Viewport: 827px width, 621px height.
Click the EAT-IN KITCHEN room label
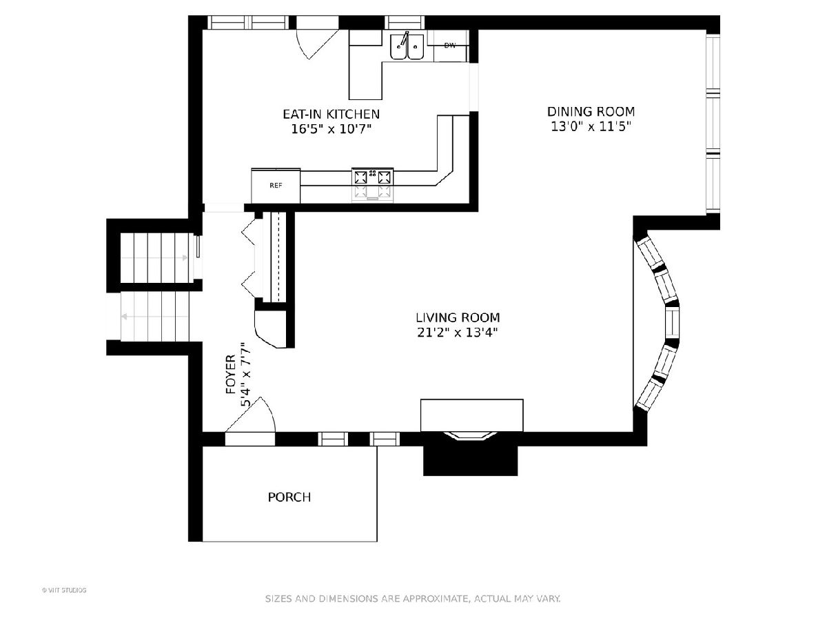pos(331,114)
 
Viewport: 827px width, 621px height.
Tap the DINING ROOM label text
pos(591,112)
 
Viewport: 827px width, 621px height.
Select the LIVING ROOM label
pos(458,317)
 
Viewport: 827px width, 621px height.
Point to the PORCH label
pos(289,497)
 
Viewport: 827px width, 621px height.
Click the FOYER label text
pos(231,374)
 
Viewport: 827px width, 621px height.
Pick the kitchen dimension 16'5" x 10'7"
pos(331,129)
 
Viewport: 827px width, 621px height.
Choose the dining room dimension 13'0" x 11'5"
pos(591,126)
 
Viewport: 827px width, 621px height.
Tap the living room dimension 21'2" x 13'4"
pos(458,333)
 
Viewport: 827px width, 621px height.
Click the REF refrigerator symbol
pos(276,186)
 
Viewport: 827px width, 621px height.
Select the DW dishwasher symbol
pos(450,46)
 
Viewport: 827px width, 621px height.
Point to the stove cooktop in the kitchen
pos(373,184)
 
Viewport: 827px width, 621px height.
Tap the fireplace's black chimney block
pos(471,461)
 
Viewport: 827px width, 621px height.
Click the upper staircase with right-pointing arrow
pos(154,258)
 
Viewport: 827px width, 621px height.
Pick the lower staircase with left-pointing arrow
pos(154,317)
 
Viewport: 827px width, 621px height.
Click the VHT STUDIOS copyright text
pos(64,590)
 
